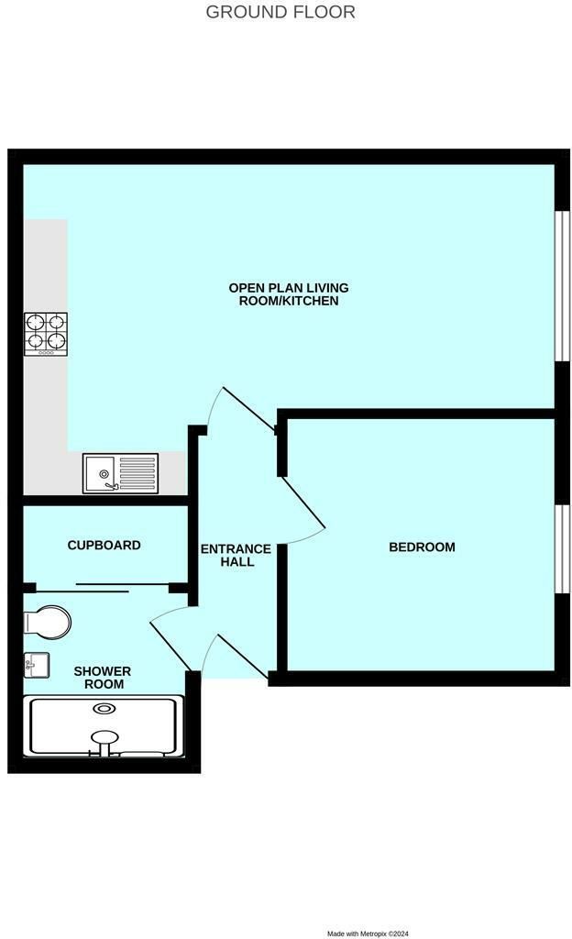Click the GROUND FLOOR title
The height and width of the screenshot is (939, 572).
[280, 11]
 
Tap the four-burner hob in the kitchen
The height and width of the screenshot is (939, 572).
[46, 334]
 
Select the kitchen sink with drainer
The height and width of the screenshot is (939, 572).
[120, 473]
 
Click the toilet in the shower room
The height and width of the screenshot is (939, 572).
[48, 623]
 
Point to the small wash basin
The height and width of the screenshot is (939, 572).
[36, 666]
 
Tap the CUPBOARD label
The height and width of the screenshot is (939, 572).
[104, 545]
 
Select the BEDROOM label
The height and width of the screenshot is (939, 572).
[422, 547]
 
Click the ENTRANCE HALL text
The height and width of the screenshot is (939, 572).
[236, 555]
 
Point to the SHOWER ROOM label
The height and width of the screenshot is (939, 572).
[103, 678]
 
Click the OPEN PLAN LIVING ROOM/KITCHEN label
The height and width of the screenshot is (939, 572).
[289, 294]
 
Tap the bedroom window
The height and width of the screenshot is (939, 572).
[563, 549]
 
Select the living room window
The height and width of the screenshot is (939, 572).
[563, 286]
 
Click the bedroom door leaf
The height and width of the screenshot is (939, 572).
[303, 503]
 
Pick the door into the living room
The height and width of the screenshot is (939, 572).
[249, 409]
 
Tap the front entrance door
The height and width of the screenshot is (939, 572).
[243, 657]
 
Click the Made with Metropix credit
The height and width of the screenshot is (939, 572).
[368, 933]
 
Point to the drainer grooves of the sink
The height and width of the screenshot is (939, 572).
[137, 473]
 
